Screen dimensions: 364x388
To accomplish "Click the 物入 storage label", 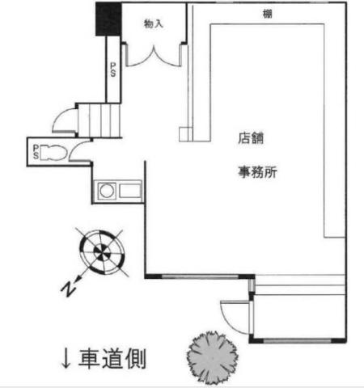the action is pyautogui.click(x=154, y=23).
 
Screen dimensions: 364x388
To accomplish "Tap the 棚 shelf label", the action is pyautogui.click(x=268, y=14).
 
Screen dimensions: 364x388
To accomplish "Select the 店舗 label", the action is pyautogui.click(x=251, y=138).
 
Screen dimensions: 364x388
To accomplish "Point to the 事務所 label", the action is pyautogui.click(x=257, y=172).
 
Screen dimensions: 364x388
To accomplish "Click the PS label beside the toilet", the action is pyautogui.click(x=36, y=152).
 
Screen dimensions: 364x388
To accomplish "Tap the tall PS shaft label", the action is pyautogui.click(x=113, y=70).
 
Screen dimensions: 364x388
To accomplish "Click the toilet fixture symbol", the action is pyautogui.click(x=53, y=153).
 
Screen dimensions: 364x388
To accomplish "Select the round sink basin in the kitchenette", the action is pyautogui.click(x=107, y=191).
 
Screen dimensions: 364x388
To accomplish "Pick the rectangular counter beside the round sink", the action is pyautogui.click(x=130, y=191).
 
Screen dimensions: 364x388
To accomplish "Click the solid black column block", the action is pyautogui.click(x=108, y=19).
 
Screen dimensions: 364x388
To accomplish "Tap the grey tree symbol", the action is pyautogui.click(x=213, y=358).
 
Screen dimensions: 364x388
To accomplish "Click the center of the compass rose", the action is pyautogui.click(x=102, y=251).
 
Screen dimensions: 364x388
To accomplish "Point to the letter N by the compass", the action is pyautogui.click(x=68, y=289).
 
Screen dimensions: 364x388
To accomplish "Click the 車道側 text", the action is pyautogui.click(x=112, y=358).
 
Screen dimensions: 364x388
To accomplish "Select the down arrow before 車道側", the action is pyautogui.click(x=66, y=359).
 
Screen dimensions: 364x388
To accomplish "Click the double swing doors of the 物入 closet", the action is pyautogui.click(x=154, y=56).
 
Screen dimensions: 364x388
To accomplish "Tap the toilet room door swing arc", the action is pyautogui.click(x=78, y=150).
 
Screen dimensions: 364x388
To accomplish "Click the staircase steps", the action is pyautogui.click(x=99, y=120).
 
